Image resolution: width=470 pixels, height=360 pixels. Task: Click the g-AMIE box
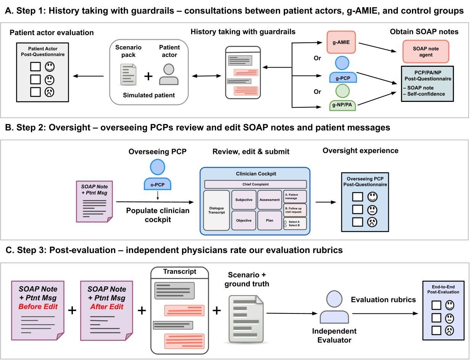click(x=341, y=42)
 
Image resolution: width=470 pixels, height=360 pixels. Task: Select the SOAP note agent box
click(x=426, y=52)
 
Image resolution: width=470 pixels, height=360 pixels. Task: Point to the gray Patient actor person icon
click(x=169, y=74)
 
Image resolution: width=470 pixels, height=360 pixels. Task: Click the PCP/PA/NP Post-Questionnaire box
click(x=427, y=84)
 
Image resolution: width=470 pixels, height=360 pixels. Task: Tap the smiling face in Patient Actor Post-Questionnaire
click(x=50, y=67)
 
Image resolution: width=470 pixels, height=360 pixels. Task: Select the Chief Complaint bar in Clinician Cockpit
click(x=255, y=184)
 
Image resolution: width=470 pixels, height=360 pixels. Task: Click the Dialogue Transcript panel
click(x=216, y=210)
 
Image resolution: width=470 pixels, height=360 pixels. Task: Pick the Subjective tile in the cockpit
click(x=244, y=200)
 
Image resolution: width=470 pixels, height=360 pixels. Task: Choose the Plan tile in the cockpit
click(x=269, y=220)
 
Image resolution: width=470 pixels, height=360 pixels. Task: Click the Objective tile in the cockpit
click(x=244, y=220)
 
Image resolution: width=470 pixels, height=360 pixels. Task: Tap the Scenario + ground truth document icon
click(x=244, y=319)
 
